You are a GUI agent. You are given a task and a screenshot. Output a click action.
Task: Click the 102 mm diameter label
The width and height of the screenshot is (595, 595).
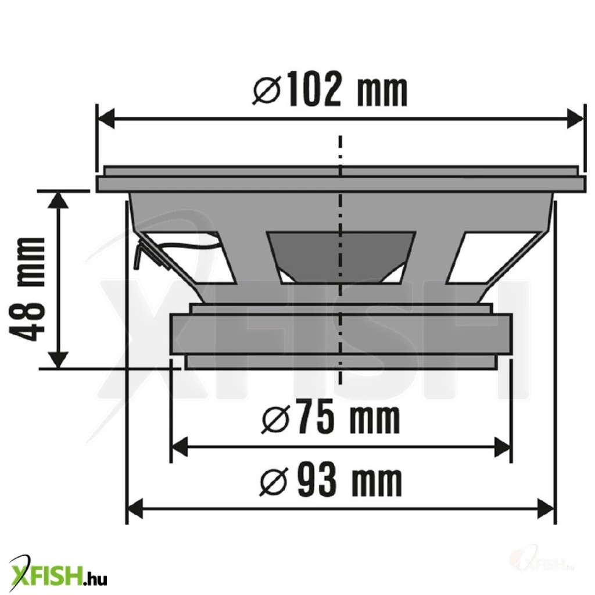(329, 89)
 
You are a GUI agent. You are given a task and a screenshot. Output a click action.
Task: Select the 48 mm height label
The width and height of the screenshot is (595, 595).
(27, 289)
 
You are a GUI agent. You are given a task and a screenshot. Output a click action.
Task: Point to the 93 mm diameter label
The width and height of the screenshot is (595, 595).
(330, 481)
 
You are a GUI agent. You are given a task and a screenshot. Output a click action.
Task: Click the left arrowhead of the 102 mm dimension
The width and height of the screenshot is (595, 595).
(107, 119)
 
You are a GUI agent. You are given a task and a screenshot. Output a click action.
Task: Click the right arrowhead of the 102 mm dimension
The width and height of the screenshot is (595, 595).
(575, 119)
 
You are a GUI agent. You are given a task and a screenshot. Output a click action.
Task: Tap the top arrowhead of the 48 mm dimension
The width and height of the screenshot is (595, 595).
(59, 199)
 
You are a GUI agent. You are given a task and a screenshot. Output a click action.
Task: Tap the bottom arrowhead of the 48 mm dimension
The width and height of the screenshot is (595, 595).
(59, 360)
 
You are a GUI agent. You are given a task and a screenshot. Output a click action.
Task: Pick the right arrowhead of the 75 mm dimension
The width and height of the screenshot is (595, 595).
(503, 447)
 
